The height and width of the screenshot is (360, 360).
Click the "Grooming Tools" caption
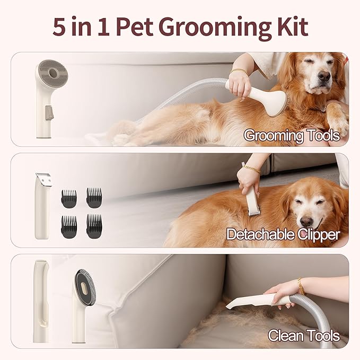coord(291,136)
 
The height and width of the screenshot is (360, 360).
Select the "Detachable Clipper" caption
coord(283,234)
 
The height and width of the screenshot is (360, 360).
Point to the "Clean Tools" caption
coord(303,336)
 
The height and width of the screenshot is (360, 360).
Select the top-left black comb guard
coord(69,197)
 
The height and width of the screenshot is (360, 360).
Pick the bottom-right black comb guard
coord(94,225)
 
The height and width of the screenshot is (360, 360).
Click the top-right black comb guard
coord(94,197)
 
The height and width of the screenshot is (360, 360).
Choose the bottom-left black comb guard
coord(69,225)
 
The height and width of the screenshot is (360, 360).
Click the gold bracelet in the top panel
coord(239,72)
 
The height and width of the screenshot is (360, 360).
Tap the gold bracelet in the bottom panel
coord(301,286)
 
